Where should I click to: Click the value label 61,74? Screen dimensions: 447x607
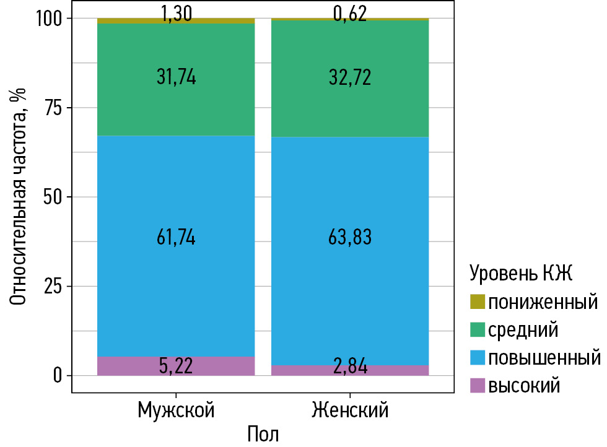click(x=176, y=238)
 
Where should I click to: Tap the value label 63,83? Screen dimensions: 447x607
click(x=350, y=238)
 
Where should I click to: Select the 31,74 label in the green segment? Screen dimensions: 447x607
click(x=176, y=77)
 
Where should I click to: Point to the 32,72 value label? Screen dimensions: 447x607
click(x=350, y=77)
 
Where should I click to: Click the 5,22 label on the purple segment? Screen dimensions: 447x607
click(x=176, y=366)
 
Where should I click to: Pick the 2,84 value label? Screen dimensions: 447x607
click(x=350, y=367)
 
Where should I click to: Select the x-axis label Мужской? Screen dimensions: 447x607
click(x=176, y=410)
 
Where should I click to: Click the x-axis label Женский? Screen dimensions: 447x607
click(x=350, y=410)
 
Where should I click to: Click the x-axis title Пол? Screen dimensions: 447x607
click(x=263, y=433)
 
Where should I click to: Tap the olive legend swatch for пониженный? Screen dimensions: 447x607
click(x=478, y=302)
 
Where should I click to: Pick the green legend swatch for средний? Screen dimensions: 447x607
click(x=478, y=330)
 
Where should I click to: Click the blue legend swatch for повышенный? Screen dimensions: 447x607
click(x=478, y=358)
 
